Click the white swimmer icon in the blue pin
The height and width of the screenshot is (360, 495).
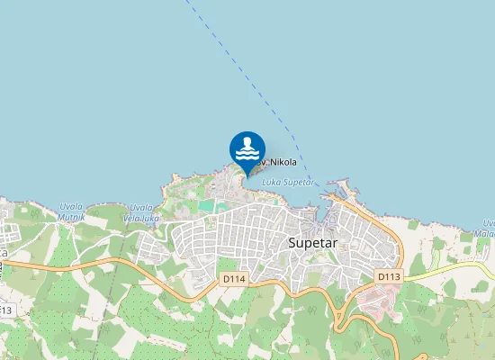click(247, 148)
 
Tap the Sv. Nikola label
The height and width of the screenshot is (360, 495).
click(276, 162)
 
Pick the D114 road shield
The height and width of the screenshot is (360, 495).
click(234, 279)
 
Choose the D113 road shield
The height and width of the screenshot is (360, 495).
click(388, 276)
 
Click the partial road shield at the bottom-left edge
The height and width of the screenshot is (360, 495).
click(5, 310)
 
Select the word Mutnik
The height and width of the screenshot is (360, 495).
click(70, 217)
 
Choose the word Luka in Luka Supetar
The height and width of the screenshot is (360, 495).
click(271, 182)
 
